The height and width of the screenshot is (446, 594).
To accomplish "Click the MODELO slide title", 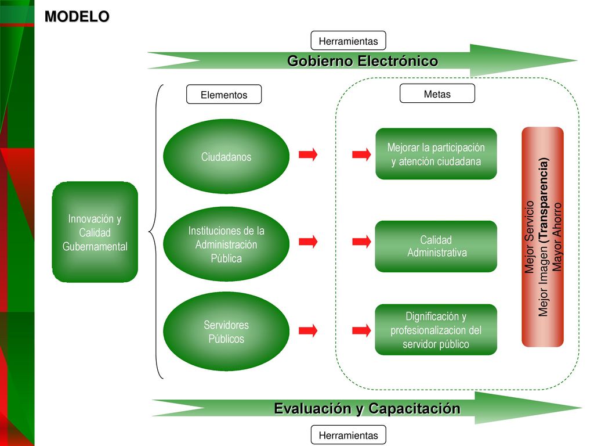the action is tap(77, 16).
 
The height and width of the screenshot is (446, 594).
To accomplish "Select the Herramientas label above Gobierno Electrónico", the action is tap(348, 41).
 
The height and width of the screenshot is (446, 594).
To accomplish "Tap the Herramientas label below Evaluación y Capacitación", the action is tap(348, 434).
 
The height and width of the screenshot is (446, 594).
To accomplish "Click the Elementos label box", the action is tap(224, 95).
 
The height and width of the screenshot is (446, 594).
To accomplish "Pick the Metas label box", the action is tap(437, 93).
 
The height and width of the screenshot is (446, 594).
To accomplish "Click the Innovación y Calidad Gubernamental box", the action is tap(95, 232).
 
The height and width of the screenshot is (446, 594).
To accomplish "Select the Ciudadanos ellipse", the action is tap(226, 156).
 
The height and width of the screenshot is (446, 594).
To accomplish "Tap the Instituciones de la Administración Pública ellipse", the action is tap(226, 244).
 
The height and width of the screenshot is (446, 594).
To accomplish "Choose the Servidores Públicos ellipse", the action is tap(226, 331).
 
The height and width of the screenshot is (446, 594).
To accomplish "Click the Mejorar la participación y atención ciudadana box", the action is tap(436, 153).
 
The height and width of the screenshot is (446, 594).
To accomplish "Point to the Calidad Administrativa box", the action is tap(436, 246).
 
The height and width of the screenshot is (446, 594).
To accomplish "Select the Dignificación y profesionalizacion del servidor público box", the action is tap(436, 330).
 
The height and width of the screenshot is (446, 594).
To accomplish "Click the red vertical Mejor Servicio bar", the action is tap(542, 237).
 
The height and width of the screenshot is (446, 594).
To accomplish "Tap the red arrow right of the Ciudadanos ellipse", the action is tap(308, 154).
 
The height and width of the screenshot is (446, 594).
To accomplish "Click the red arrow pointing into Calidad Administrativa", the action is tap(361, 242).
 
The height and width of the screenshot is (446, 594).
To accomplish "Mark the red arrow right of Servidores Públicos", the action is tap(308, 330).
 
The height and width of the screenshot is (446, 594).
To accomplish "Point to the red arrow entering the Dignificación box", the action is tap(361, 330).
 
